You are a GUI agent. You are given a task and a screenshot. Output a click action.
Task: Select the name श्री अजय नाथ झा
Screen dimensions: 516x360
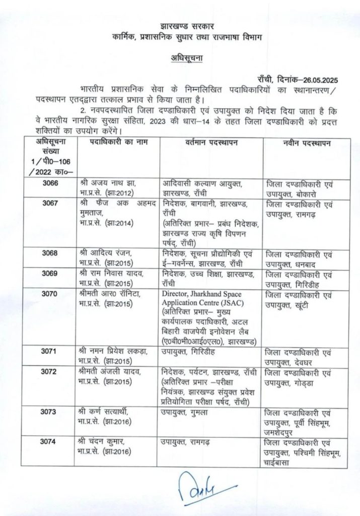(x=106, y=184)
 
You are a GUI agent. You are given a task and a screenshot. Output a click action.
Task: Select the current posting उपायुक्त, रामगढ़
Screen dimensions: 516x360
(x=191, y=442)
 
